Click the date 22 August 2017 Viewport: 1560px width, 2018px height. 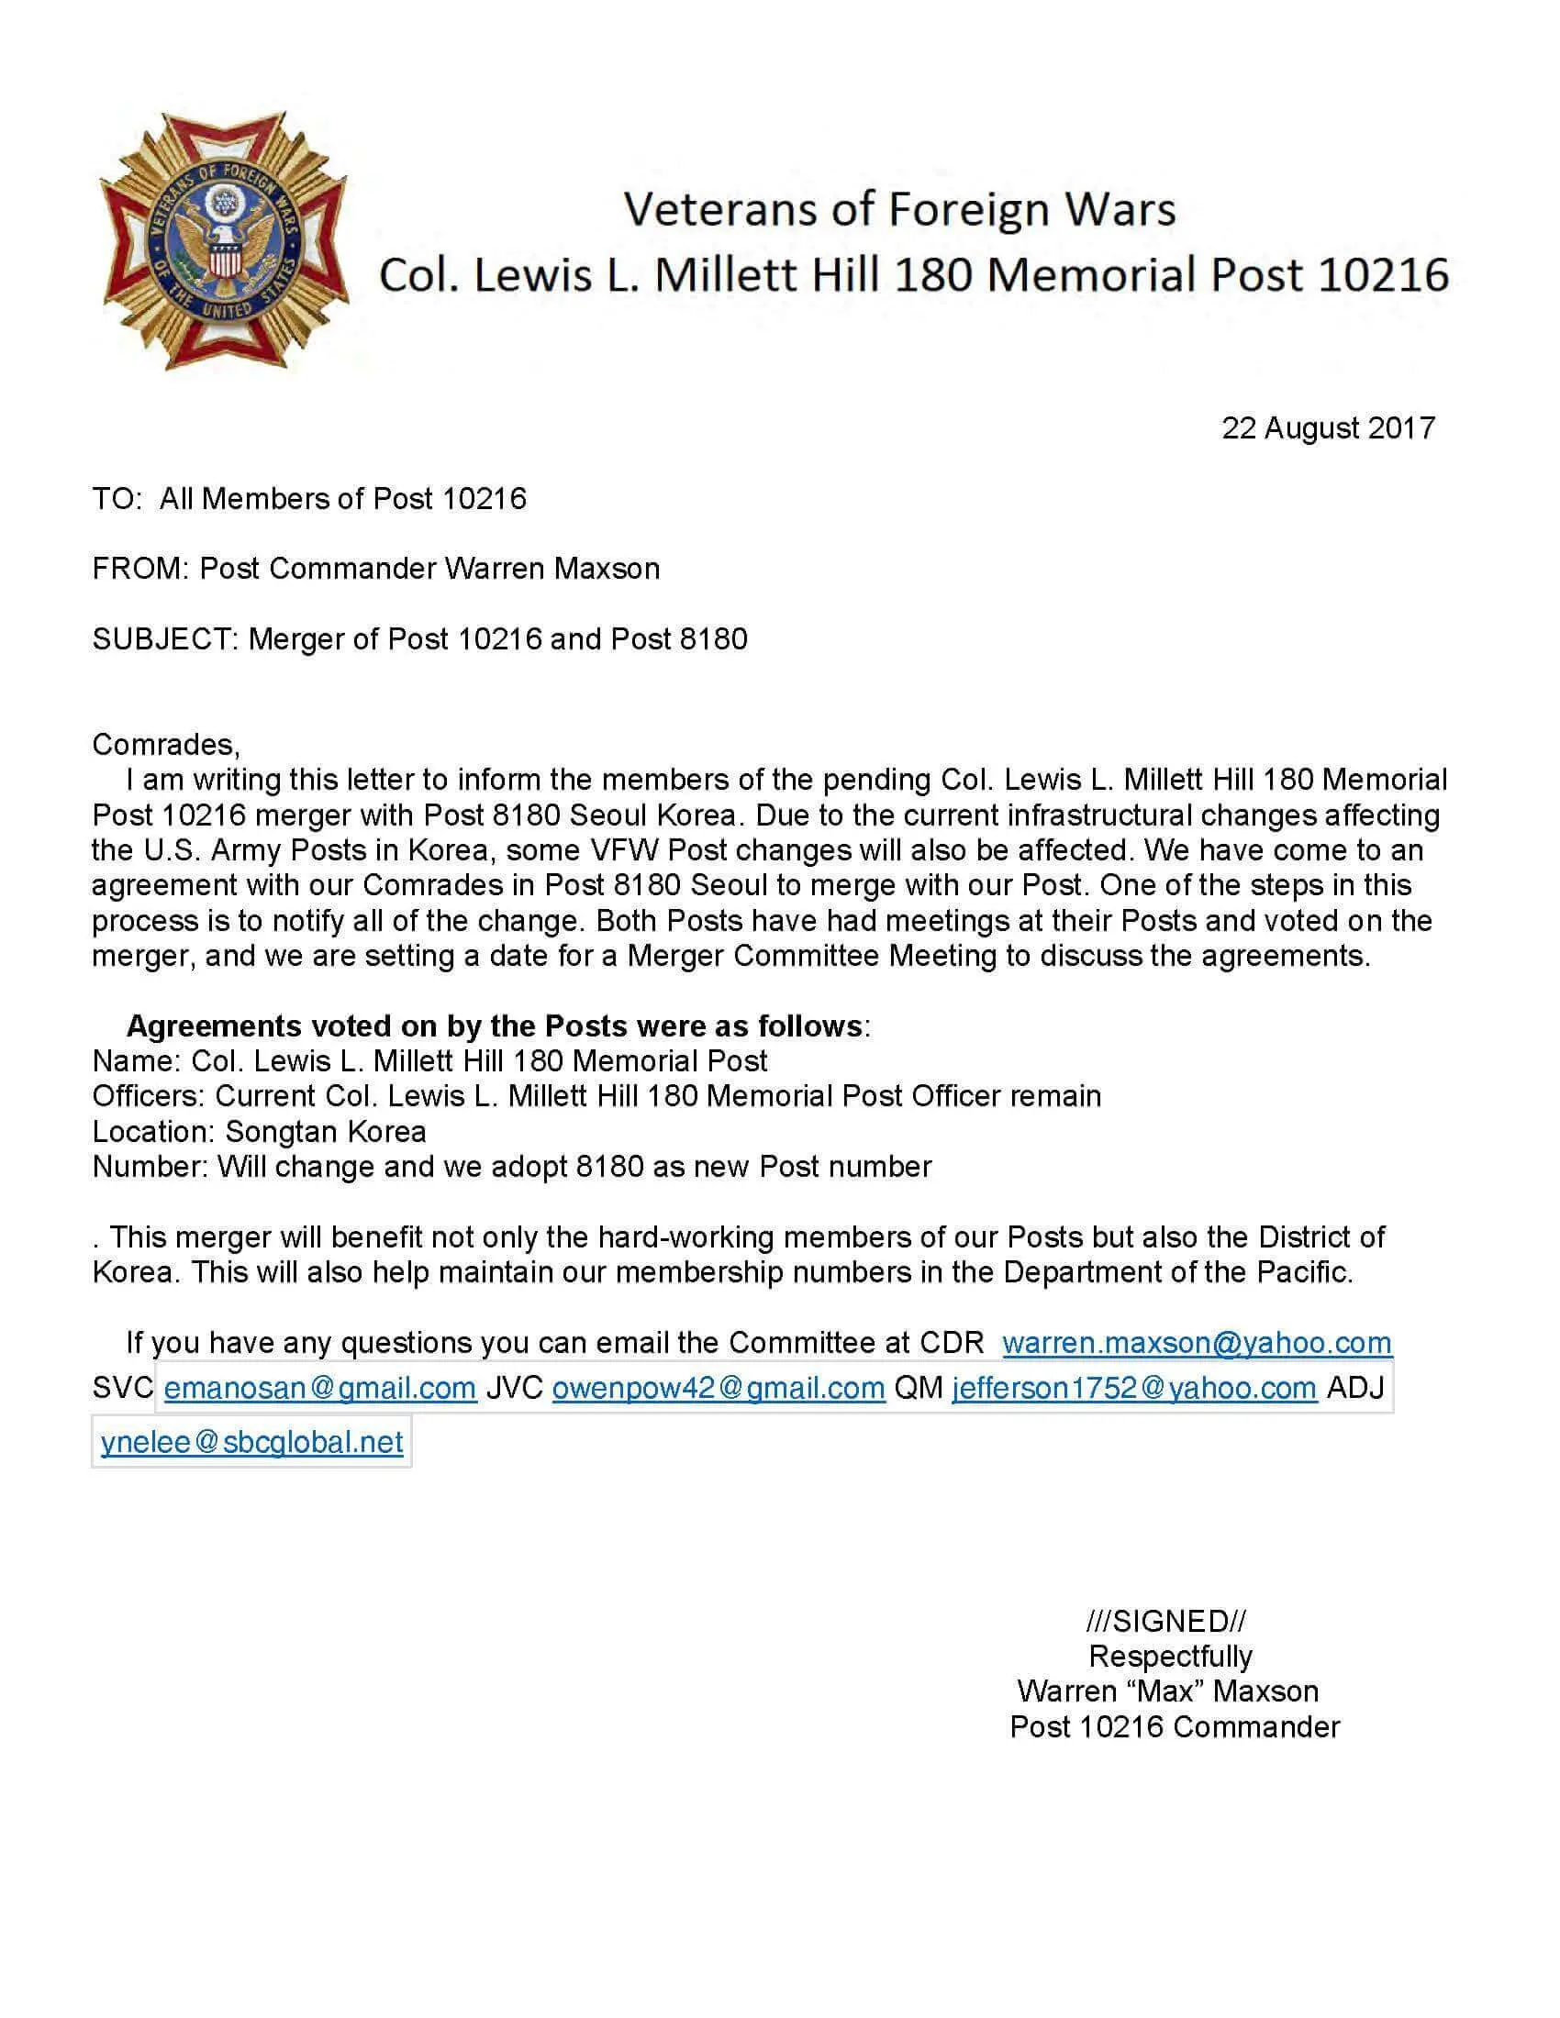[x=1327, y=428]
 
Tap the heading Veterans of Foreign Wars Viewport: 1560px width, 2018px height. [x=899, y=209]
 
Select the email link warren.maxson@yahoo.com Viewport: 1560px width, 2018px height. [x=1196, y=1343]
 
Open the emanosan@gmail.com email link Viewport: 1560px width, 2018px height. [x=319, y=1388]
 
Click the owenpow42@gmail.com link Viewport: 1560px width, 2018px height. [x=719, y=1388]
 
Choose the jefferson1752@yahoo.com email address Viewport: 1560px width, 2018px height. [x=1134, y=1388]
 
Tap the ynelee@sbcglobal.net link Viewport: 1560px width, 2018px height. [x=251, y=1441]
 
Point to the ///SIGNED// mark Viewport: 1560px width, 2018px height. [x=1165, y=1621]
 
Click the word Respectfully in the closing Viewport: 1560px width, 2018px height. [x=1170, y=1656]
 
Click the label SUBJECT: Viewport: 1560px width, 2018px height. [x=166, y=638]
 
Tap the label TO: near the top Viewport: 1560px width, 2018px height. [x=117, y=499]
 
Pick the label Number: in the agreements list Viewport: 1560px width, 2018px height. [x=150, y=1167]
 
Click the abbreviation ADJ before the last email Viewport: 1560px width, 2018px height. [x=1354, y=1388]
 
